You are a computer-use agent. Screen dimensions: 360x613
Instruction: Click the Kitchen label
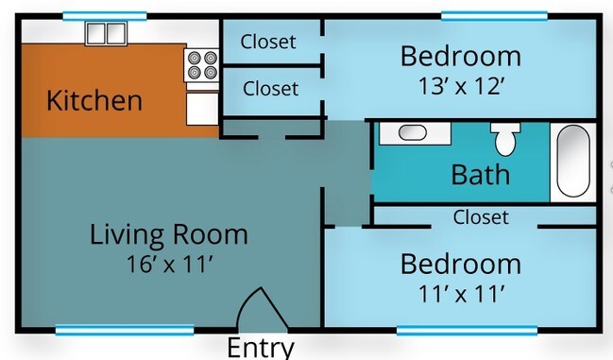coord(94,100)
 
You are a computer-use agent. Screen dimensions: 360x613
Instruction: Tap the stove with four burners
coord(201,64)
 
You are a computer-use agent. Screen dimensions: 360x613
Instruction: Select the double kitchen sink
coord(105,34)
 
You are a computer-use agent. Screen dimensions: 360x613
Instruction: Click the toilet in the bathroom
coord(505,138)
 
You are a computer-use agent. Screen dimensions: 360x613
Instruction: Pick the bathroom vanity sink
coord(413,132)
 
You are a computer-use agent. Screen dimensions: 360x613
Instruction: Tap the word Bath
coord(480,175)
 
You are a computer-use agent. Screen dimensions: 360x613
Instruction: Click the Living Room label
coord(169,234)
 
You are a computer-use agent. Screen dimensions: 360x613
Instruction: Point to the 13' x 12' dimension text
coord(460,87)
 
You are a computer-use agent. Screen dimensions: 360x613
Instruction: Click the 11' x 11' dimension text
coord(460,294)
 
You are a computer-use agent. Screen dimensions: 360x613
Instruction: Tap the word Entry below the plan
coord(261,348)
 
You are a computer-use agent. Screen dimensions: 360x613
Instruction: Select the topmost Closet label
coord(268,42)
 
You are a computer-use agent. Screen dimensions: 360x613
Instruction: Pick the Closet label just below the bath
coord(481,217)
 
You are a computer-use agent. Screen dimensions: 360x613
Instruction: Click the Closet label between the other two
coord(270,89)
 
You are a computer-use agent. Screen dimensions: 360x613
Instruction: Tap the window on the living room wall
coord(124,330)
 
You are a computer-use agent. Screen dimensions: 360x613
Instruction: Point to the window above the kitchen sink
coord(105,15)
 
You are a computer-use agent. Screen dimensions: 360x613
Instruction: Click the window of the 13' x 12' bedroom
coord(493,15)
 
